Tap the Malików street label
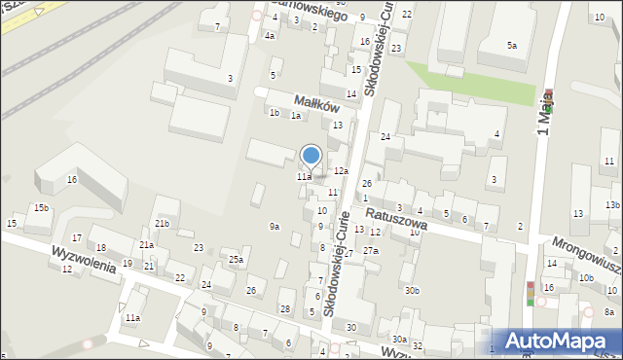tap(316, 105)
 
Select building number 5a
tap(511, 46)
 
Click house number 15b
tap(40, 208)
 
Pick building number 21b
tap(162, 225)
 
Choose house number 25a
tap(236, 260)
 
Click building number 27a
tap(371, 251)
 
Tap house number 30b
tap(413, 290)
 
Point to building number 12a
tap(341, 171)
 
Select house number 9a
tap(275, 227)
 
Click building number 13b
tap(611, 205)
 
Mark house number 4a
tap(270, 36)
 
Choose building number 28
tap(285, 309)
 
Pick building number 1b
tap(275, 113)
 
